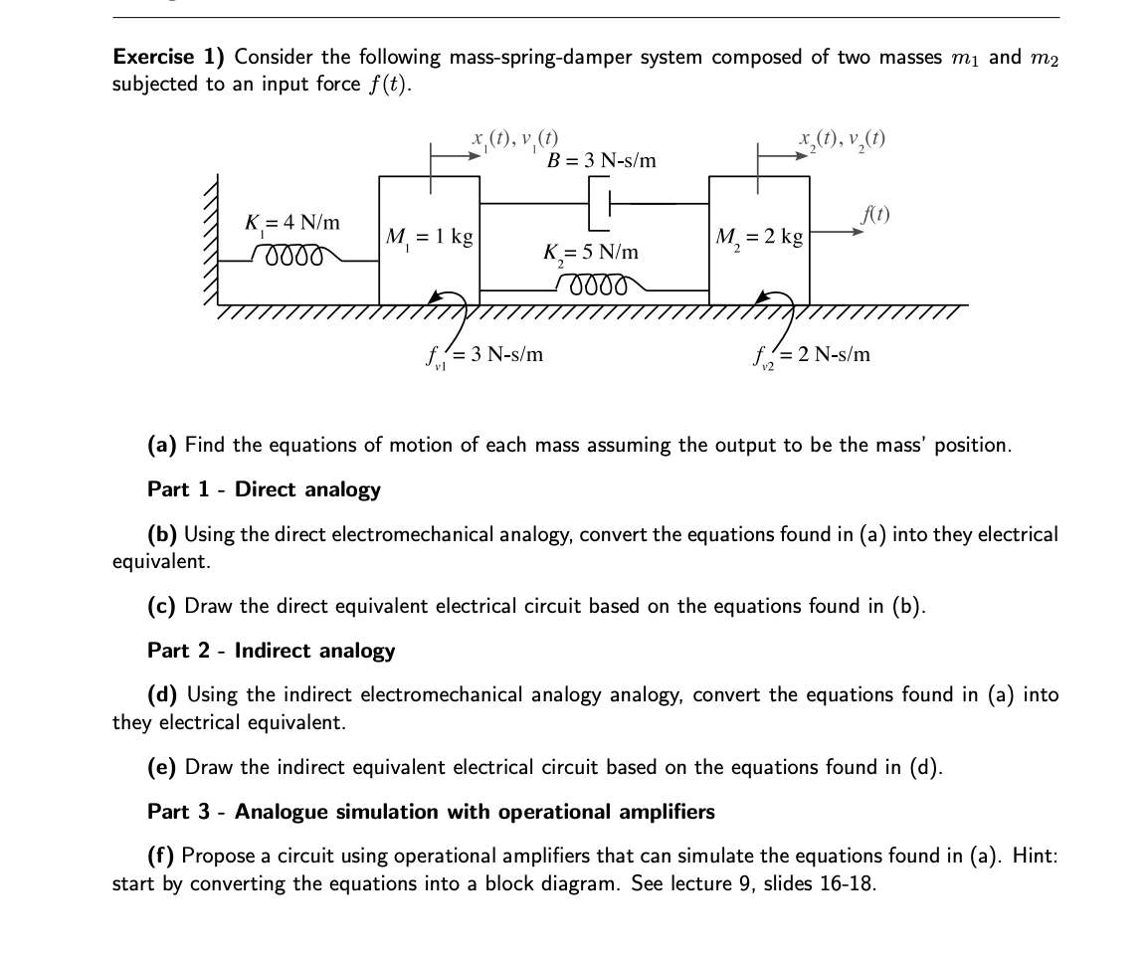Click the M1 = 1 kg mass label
click(429, 238)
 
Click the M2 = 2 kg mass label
click(759, 238)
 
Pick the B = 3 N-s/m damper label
click(602, 160)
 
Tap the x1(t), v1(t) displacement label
click(515, 137)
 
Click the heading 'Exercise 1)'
click(169, 57)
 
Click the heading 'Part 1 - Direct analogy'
click(264, 489)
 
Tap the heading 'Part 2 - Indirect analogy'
click(271, 651)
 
